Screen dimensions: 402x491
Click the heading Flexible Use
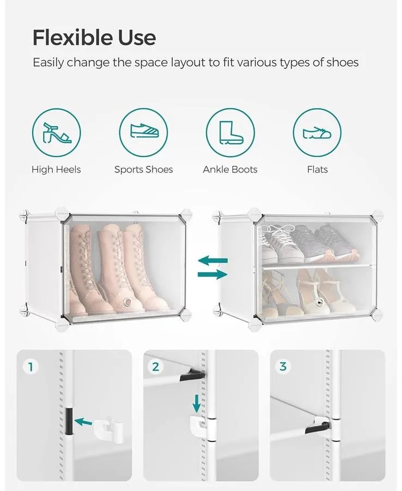click(94, 38)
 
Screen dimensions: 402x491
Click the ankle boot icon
click(230, 133)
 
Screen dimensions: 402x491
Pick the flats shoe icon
click(317, 133)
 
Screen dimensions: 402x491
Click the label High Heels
click(56, 170)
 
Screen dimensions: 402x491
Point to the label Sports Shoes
click(143, 170)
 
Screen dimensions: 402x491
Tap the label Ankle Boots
click(230, 170)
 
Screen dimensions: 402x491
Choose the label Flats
click(317, 170)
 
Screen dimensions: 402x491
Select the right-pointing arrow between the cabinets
click(212, 274)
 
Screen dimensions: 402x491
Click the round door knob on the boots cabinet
click(127, 302)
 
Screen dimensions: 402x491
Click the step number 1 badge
click(31, 367)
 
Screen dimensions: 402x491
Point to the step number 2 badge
click(155, 367)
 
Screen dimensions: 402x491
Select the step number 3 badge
click(283, 367)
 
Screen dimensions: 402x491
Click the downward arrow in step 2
click(196, 404)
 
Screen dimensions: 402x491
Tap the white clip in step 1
click(108, 429)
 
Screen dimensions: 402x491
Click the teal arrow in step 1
click(83, 422)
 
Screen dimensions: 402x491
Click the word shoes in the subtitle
click(342, 63)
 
